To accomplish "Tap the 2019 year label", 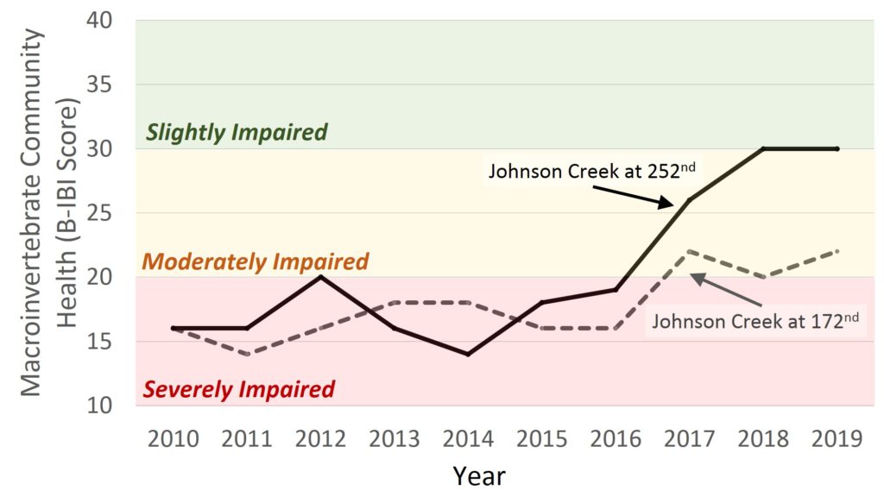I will [837, 439].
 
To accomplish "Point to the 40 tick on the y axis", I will [105, 20].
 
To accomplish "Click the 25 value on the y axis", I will [105, 213].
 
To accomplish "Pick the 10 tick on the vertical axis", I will [105, 405].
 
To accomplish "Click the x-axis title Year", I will [479, 475].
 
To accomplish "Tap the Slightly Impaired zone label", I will [237, 132].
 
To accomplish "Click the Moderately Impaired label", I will [255, 261].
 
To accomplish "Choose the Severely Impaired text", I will [238, 389].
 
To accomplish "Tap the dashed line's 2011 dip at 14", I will [248, 354].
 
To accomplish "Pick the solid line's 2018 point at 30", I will [763, 148].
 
